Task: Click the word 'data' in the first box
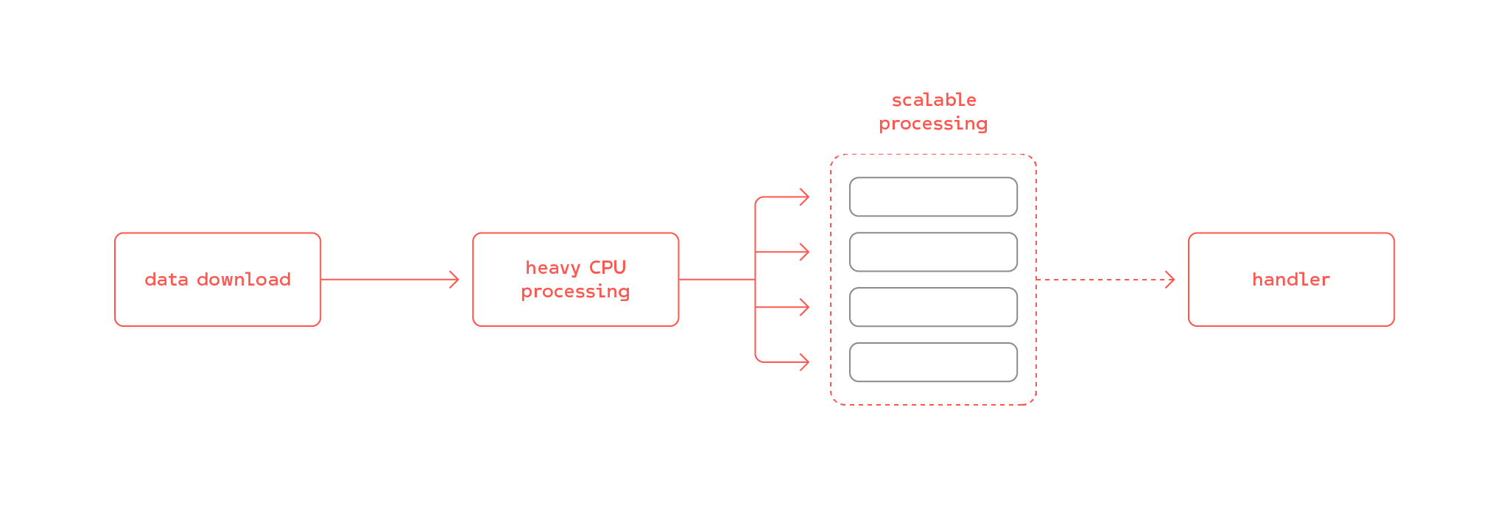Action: click(166, 280)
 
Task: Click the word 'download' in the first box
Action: click(244, 280)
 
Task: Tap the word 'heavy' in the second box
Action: click(553, 268)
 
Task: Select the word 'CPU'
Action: click(608, 267)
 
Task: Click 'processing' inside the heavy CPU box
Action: click(575, 291)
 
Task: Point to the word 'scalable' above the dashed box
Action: click(934, 100)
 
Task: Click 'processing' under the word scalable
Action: click(933, 124)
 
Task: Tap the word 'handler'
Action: click(1291, 280)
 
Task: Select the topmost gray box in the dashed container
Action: click(933, 197)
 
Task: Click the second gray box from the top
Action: click(933, 252)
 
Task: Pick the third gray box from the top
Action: click(933, 307)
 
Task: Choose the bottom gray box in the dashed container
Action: click(933, 362)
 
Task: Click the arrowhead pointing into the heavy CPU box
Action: click(455, 280)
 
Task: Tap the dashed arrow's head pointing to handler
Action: click(1170, 280)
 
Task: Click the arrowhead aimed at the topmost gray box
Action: click(806, 197)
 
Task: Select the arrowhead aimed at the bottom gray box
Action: click(806, 362)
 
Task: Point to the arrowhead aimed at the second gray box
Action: click(806, 252)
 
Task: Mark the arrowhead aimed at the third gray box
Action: click(806, 307)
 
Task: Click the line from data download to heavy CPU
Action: click(383, 280)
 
